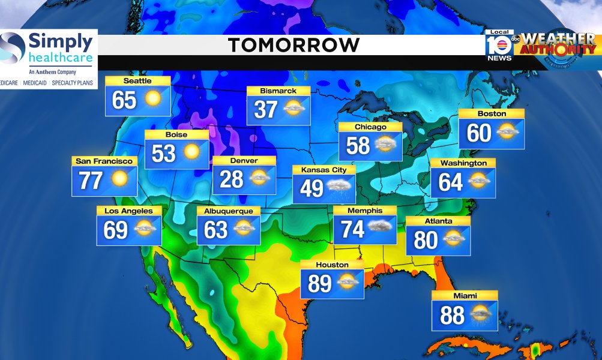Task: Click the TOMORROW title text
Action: click(293, 45)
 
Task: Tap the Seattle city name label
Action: click(137, 81)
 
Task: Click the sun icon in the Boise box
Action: click(191, 152)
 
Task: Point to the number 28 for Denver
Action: click(231, 179)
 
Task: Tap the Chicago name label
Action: click(370, 127)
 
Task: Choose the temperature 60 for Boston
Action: click(479, 133)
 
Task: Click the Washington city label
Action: click(463, 163)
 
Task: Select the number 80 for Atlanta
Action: click(426, 240)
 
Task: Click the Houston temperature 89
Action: click(319, 283)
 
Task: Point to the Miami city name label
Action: click(465, 296)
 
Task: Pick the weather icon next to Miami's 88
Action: click(481, 314)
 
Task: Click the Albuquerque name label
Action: click(229, 211)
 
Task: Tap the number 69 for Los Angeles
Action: click(116, 230)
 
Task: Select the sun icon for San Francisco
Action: click(119, 179)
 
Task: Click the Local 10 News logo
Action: click(499, 46)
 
